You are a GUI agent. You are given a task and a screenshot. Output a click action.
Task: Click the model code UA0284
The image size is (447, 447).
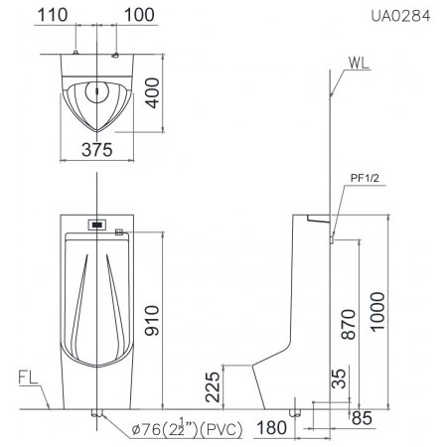400,16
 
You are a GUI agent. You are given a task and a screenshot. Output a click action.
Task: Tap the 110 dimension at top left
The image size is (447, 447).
53,15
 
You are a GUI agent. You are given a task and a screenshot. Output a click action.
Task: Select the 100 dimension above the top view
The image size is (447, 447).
139,15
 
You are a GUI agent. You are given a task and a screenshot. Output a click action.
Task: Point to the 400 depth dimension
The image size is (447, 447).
152,93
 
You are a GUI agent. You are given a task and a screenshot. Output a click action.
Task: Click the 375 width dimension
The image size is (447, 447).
97,150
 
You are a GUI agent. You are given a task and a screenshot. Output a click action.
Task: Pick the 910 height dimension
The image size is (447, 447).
152,321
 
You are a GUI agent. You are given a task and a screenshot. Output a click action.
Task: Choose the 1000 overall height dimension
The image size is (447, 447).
377,312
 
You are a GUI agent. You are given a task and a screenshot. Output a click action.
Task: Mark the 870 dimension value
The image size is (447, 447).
349,325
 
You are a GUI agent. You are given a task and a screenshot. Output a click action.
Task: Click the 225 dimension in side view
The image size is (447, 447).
213,387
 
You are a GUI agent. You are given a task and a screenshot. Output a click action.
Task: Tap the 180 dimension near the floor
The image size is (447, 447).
272,427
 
